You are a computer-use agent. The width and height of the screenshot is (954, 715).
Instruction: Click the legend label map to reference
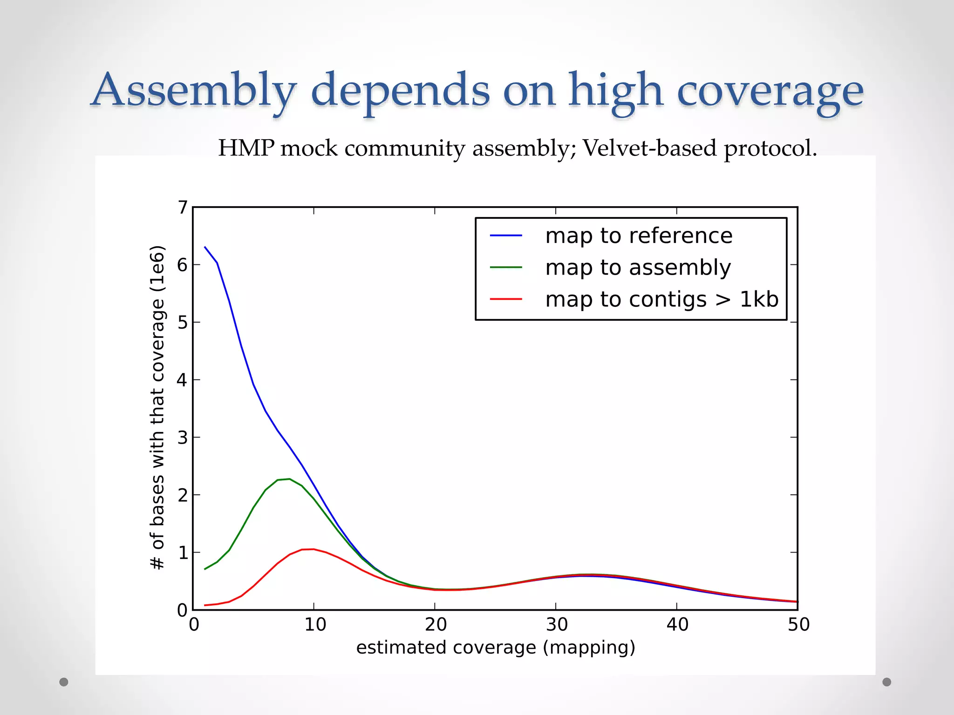coord(639,236)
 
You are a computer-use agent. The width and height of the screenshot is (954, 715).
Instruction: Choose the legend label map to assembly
coord(638,268)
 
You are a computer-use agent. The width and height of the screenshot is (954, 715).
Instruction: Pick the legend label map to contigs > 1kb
coord(661,299)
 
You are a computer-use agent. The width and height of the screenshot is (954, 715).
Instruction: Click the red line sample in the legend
coord(506,299)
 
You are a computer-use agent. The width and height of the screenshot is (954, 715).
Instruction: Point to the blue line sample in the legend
coord(506,236)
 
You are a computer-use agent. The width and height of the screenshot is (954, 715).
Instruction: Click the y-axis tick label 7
coord(183,208)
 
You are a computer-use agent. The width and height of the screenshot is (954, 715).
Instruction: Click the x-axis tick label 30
coord(557,625)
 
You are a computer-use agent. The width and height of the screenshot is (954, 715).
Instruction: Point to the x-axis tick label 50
coord(798,625)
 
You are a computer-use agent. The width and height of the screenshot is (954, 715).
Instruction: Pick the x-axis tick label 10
coord(315,625)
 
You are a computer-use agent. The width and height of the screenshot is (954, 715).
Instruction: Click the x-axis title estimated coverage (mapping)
coord(496,648)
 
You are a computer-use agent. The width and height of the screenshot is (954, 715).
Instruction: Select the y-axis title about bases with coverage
coord(157,407)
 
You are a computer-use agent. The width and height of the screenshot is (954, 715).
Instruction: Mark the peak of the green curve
coord(289,479)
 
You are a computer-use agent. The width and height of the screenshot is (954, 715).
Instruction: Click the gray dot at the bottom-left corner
coord(64,682)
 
